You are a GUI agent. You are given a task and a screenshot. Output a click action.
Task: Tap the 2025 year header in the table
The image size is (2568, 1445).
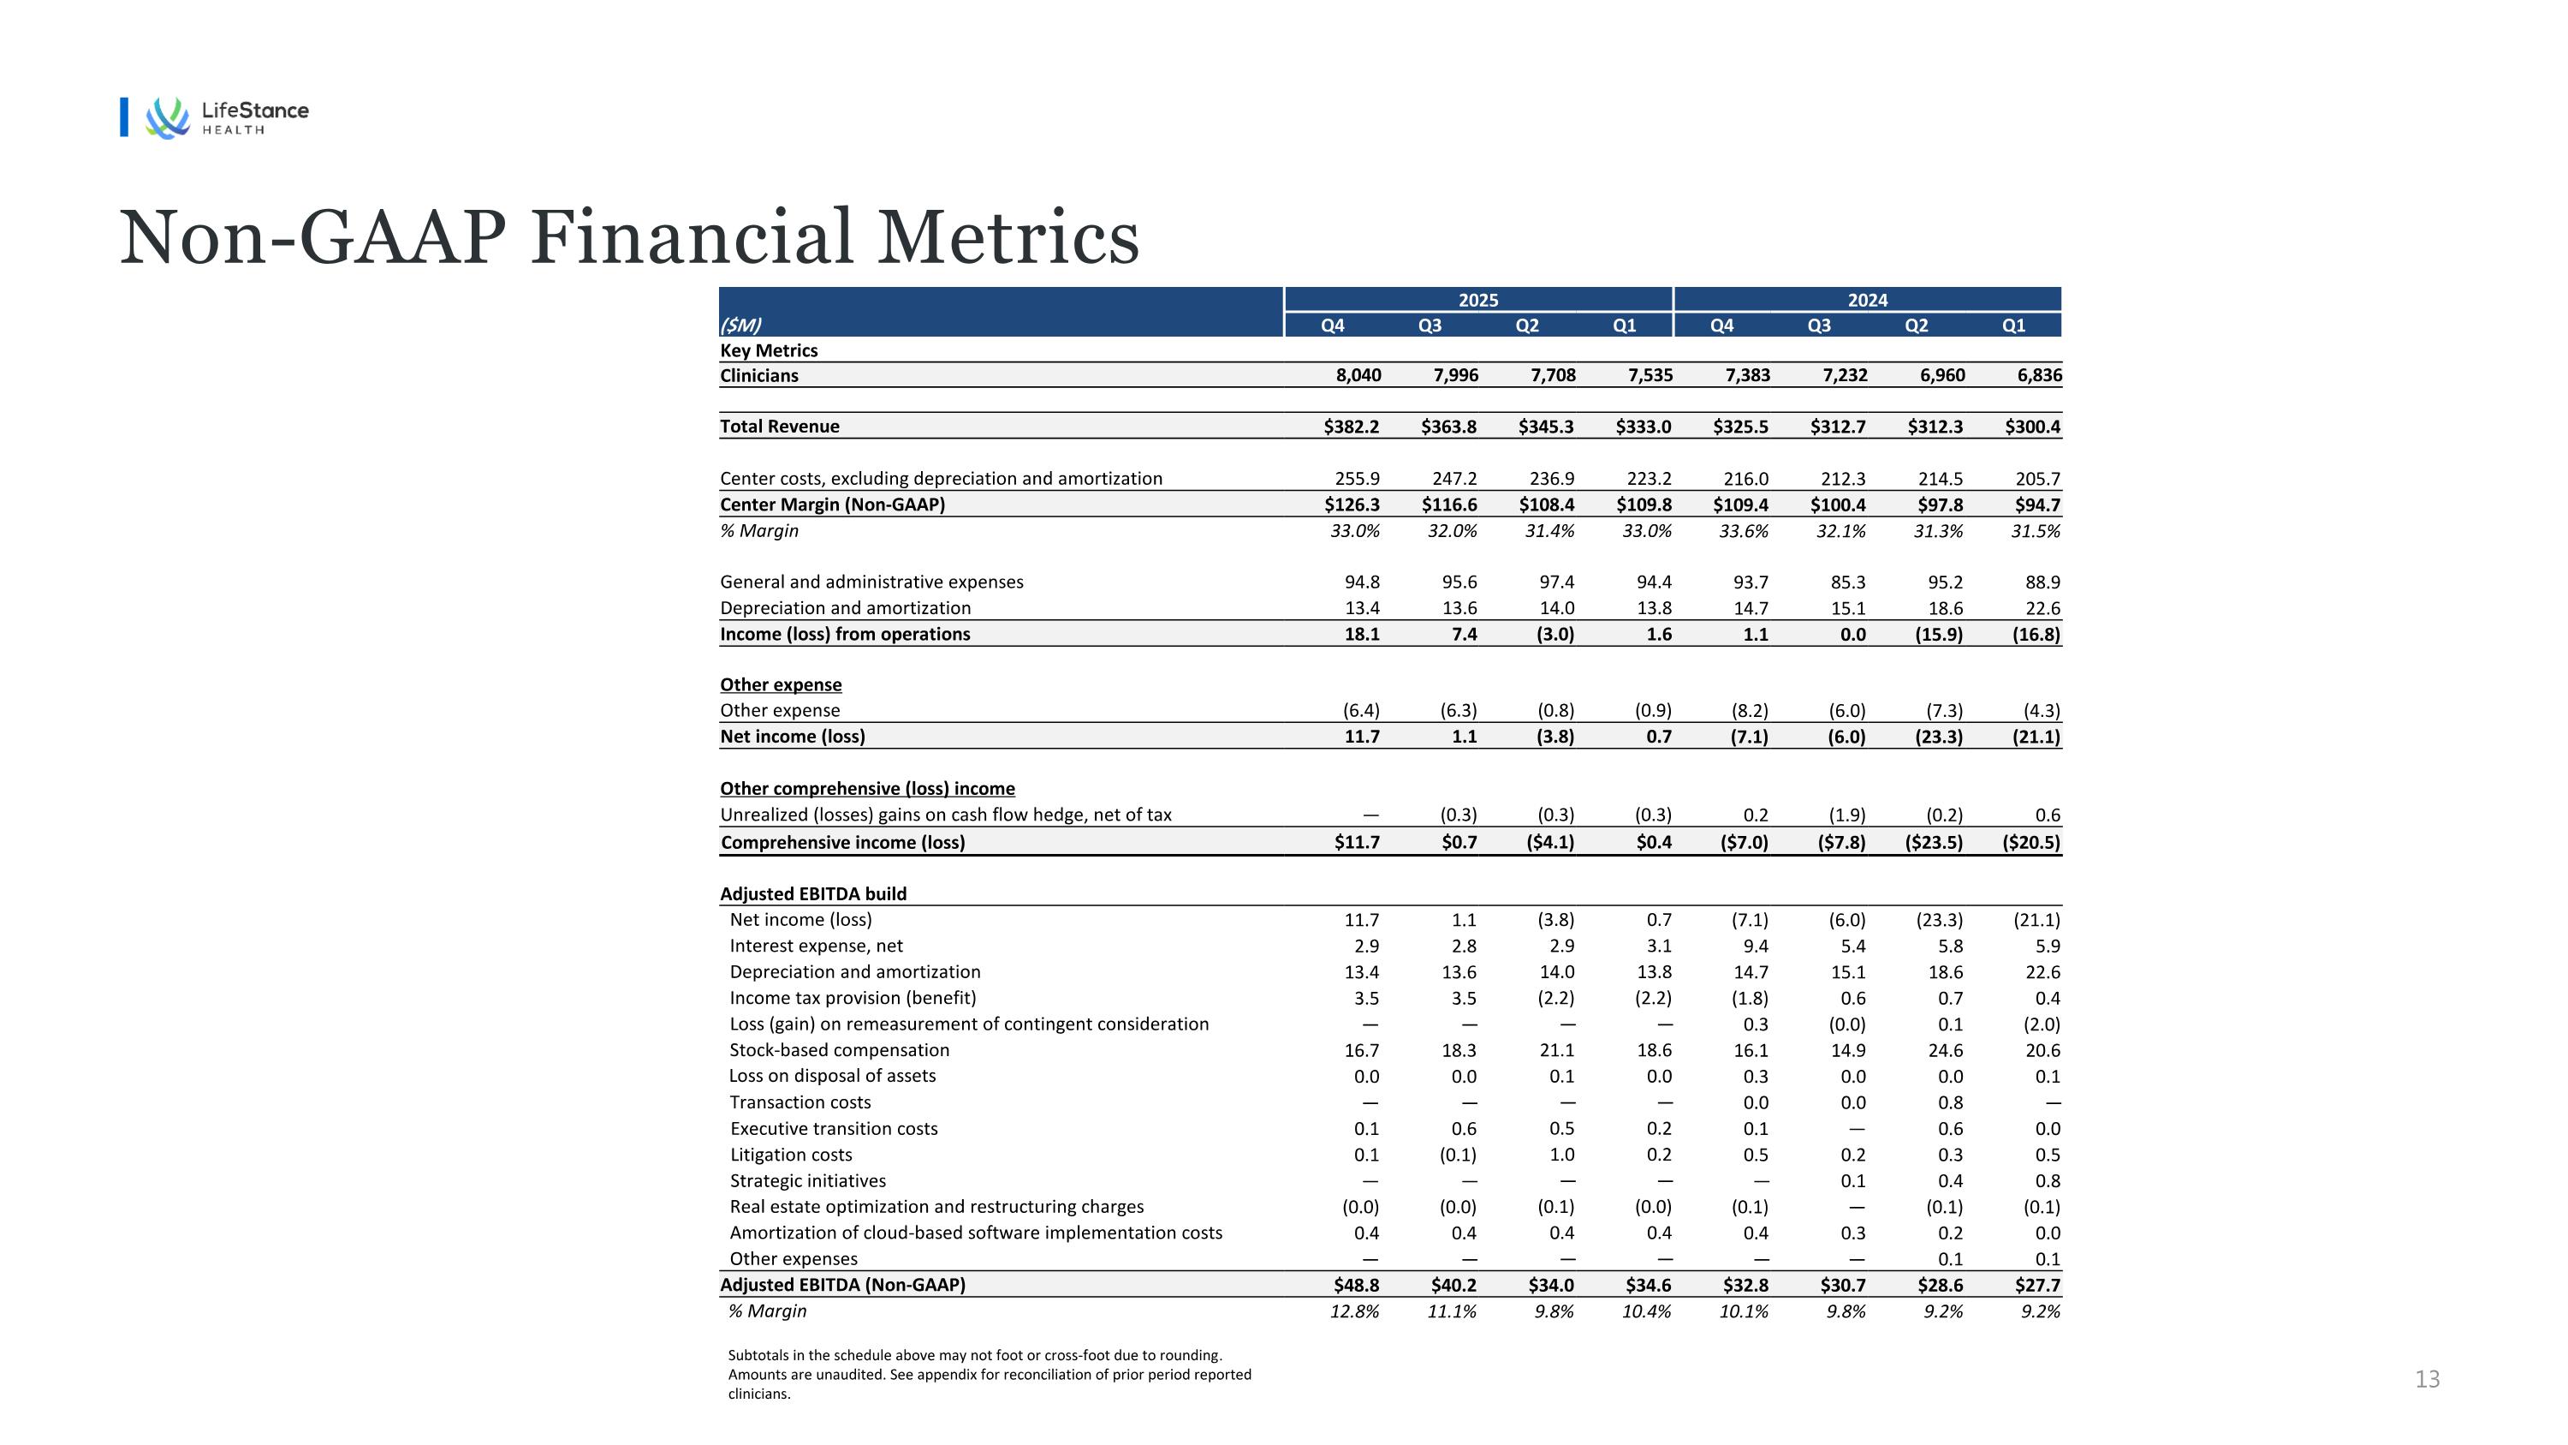[1477, 300]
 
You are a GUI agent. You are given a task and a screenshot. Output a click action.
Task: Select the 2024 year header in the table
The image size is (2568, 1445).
[1867, 300]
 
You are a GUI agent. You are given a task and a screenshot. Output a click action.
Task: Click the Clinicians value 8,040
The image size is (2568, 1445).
[1358, 376]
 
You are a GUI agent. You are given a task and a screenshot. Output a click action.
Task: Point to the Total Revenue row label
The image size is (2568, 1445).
[780, 427]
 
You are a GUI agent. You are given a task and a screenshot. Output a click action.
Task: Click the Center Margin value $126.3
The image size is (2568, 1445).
[1352, 505]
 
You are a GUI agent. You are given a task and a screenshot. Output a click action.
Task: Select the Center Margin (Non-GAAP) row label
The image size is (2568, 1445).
[832, 505]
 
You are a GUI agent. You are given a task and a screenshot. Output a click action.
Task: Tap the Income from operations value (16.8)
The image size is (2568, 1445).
[2036, 634]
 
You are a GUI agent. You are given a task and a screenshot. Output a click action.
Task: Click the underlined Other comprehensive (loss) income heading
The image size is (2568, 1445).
[867, 789]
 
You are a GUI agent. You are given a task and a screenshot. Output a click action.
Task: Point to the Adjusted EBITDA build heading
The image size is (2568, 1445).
[813, 894]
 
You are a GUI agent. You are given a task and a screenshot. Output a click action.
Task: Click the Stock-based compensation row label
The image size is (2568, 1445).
[840, 1050]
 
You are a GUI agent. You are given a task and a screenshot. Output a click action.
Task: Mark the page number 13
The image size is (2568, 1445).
[2427, 1379]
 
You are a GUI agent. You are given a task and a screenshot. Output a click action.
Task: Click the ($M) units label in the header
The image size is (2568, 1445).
[740, 325]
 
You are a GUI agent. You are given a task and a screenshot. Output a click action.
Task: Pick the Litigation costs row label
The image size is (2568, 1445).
[791, 1155]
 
